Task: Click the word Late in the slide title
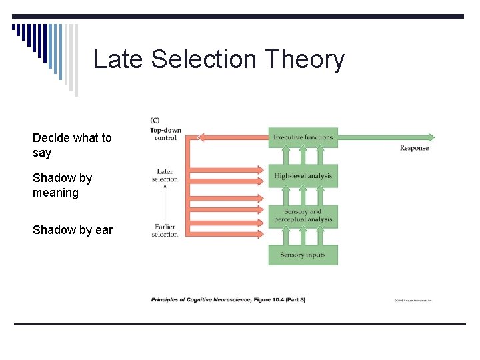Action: click(x=119, y=59)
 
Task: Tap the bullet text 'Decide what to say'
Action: click(x=72, y=145)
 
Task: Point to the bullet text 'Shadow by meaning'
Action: click(x=62, y=185)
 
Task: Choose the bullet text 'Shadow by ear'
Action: click(x=73, y=230)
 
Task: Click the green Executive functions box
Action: click(x=303, y=137)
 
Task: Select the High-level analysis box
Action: click(x=303, y=176)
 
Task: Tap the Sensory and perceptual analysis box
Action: click(x=303, y=215)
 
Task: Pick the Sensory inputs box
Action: click(x=303, y=255)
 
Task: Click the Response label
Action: click(x=414, y=148)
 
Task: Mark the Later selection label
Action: click(x=165, y=175)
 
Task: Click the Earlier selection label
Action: click(x=165, y=231)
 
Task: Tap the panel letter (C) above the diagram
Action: click(x=155, y=120)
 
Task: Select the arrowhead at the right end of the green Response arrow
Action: click(x=431, y=137)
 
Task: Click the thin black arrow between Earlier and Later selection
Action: click(x=165, y=203)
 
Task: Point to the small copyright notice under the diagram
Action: click(x=413, y=301)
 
